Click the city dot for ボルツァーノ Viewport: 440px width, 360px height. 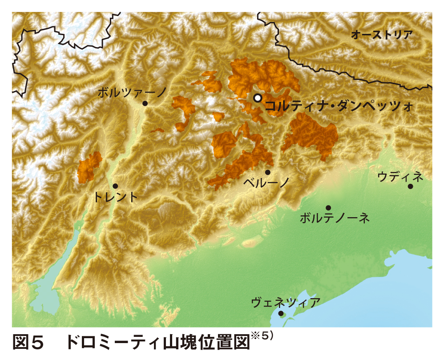point(145,103)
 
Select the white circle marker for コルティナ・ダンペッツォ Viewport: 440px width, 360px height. point(257,98)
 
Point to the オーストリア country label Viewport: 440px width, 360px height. point(381,35)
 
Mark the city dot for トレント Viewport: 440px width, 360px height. point(115,186)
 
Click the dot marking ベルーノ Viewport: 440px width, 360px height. point(268,172)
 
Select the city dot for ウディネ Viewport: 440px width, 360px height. point(410,186)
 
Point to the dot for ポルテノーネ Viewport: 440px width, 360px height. point(328,208)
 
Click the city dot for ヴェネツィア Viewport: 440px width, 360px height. point(281,313)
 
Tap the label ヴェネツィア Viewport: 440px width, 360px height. point(285,303)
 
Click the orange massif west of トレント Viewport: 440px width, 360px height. point(89,167)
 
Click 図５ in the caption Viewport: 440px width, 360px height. point(29,342)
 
